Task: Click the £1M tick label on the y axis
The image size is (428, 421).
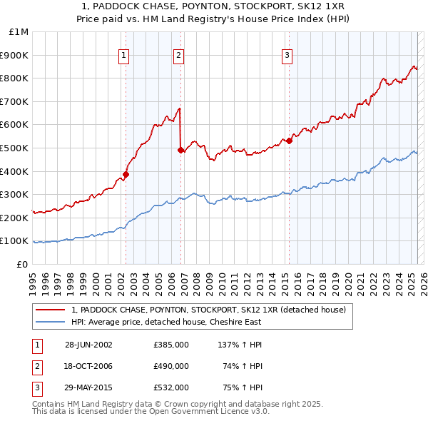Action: point(19,32)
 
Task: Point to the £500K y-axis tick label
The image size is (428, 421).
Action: point(16,148)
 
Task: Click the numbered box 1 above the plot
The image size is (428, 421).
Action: point(124,54)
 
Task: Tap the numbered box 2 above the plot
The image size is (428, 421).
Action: point(178,54)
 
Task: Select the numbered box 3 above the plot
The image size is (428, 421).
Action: point(287,54)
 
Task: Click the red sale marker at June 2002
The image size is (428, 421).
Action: point(126,174)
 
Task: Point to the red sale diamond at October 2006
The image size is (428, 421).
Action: point(180,150)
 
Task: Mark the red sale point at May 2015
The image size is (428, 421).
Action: point(290,141)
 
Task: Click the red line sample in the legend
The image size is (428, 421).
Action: point(50,310)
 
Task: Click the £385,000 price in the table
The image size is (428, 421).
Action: point(171,345)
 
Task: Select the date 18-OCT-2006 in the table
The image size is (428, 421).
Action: point(89,366)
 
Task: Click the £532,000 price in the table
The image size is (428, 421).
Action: point(171,387)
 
